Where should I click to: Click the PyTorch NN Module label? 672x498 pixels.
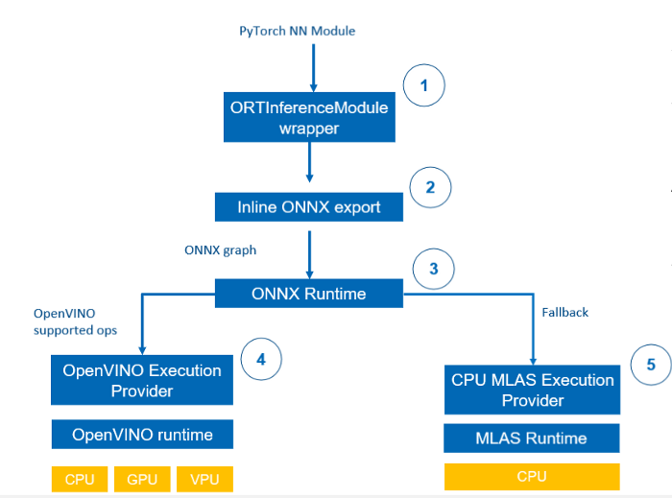click(297, 32)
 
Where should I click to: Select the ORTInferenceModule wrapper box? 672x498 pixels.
click(309, 117)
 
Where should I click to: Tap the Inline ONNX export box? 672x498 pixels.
click(309, 207)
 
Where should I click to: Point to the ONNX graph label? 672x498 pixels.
click(220, 250)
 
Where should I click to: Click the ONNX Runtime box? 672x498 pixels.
click(309, 294)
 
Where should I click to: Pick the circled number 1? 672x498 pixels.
click(424, 85)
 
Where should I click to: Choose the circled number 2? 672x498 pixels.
click(430, 187)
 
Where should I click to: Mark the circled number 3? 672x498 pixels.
click(434, 269)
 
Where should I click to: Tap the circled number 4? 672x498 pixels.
click(261, 359)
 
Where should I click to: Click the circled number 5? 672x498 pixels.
click(651, 365)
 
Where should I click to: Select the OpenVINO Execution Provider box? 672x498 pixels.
click(142, 380)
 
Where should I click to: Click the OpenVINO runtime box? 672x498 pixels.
click(142, 435)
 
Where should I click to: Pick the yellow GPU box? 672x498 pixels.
click(142, 479)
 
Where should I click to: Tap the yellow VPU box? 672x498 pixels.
click(204, 479)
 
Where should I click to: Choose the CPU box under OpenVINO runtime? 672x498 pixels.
click(80, 479)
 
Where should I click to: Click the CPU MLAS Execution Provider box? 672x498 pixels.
click(532, 390)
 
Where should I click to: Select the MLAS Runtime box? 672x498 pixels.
click(532, 439)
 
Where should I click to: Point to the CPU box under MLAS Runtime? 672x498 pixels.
click(532, 477)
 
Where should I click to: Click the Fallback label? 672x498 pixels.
click(564, 313)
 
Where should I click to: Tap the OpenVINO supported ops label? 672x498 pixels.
click(76, 322)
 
